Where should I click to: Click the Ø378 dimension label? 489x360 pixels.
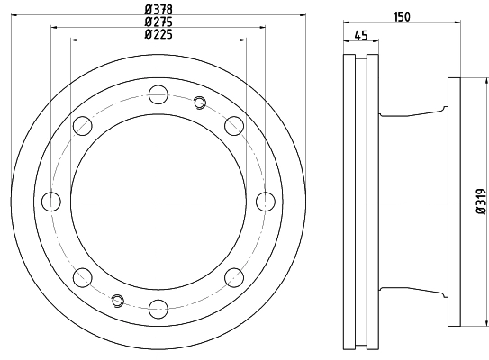[x=158, y=9]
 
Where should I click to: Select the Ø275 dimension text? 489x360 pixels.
[x=158, y=22]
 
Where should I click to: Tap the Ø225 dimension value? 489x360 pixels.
[x=158, y=34]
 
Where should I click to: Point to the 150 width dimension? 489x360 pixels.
[x=402, y=17]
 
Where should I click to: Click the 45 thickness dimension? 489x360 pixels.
[x=361, y=35]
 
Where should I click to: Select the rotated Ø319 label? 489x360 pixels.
[x=482, y=202]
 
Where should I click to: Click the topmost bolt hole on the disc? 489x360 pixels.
[x=158, y=94]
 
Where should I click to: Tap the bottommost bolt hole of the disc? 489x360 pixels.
[x=158, y=309]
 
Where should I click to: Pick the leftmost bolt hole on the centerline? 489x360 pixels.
[x=51, y=202]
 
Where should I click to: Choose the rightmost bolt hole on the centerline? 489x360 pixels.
[x=266, y=202]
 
